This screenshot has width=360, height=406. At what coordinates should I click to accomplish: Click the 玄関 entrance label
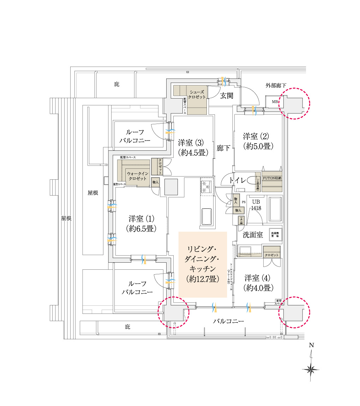coord(227,96)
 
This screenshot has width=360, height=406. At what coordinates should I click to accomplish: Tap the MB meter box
coord(275,102)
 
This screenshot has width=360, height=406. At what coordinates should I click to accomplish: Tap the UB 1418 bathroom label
coord(256,205)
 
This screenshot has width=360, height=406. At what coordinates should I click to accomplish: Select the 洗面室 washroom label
coord(252,235)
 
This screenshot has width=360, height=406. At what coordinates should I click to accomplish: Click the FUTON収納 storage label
coord(272,178)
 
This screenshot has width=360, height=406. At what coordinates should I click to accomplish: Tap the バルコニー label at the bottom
coord(228,321)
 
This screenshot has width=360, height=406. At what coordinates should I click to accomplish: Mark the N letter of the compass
coord(311,345)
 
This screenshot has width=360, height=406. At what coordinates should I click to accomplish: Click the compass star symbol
coord(311,369)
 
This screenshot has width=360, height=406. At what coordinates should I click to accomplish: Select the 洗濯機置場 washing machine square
coord(275,234)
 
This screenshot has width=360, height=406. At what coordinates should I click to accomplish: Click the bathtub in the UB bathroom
coord(275,209)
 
